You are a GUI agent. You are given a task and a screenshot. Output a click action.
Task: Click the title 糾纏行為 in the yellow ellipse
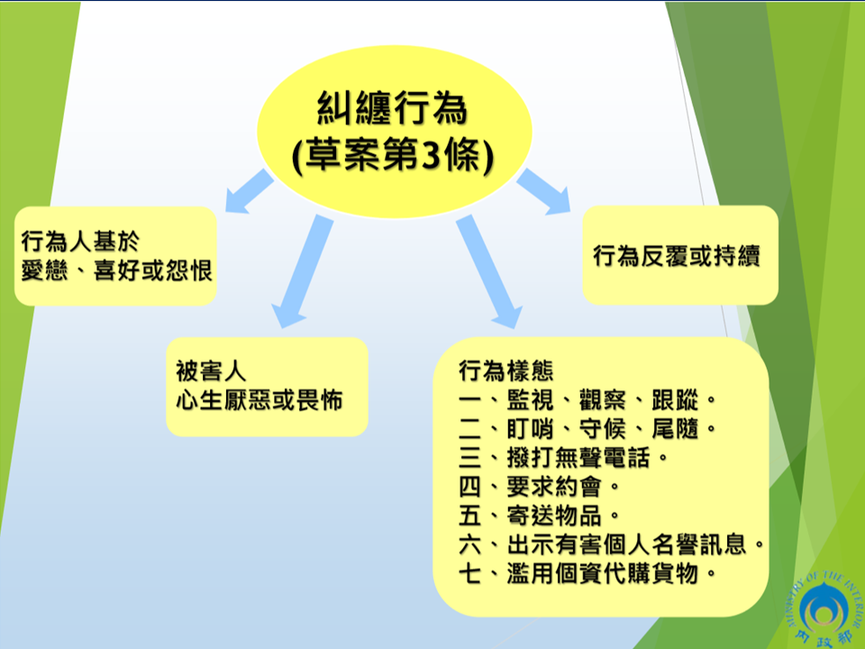pos(392,108)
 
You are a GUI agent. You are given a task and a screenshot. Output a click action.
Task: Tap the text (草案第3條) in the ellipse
pos(392,155)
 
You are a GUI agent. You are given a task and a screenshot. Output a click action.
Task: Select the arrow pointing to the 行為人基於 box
pos(250,191)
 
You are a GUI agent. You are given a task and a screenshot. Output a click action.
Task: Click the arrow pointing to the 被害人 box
pos(303,271)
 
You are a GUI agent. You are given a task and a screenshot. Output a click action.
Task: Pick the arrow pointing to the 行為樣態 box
pos(488,271)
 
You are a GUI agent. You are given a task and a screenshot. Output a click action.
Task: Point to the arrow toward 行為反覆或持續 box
pos(543,191)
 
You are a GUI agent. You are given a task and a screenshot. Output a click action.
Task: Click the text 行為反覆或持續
pos(677,256)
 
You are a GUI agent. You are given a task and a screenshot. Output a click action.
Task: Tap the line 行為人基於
pos(80,242)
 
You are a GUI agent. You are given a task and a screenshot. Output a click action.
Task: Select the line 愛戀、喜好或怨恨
pos(116,270)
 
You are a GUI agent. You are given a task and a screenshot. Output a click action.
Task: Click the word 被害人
pos(211,370)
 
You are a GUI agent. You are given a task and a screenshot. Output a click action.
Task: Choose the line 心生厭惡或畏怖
pos(259,400)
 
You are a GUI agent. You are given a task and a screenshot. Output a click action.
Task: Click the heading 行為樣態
pos(505,370)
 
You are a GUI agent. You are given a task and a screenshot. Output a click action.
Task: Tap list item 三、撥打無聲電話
pos(563,458)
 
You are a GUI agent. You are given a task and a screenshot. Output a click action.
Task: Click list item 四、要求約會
pos(540,487)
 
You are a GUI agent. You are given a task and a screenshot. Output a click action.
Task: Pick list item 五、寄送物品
pos(540,516)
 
